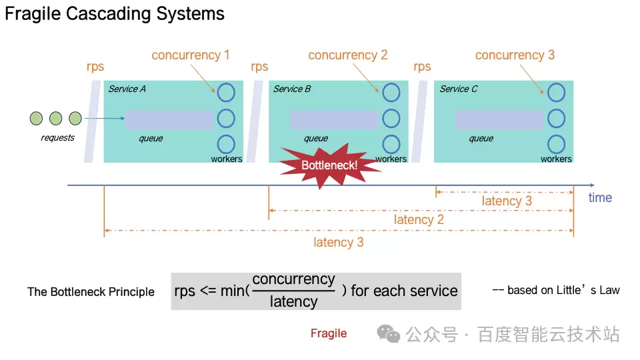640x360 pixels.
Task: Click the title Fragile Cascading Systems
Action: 115,14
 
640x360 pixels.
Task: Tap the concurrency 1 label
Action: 190,55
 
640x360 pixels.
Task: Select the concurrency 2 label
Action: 347,55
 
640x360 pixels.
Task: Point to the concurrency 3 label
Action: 515,55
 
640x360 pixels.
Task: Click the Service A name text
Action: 127,89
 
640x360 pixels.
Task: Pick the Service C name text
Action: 459,89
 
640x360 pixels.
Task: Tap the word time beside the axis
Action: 600,197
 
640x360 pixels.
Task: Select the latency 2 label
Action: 419,219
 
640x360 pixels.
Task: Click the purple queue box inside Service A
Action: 169,119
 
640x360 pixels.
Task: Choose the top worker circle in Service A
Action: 226,93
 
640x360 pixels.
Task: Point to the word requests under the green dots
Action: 58,138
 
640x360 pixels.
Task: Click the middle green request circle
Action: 55,119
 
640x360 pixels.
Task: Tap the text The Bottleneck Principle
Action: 91,292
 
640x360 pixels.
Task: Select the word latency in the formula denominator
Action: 293,301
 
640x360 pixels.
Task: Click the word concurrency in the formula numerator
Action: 293,280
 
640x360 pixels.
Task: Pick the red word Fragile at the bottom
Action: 329,333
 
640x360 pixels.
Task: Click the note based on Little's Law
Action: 556,290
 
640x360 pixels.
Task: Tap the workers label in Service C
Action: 556,159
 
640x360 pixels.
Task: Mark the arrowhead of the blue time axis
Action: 593,184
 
